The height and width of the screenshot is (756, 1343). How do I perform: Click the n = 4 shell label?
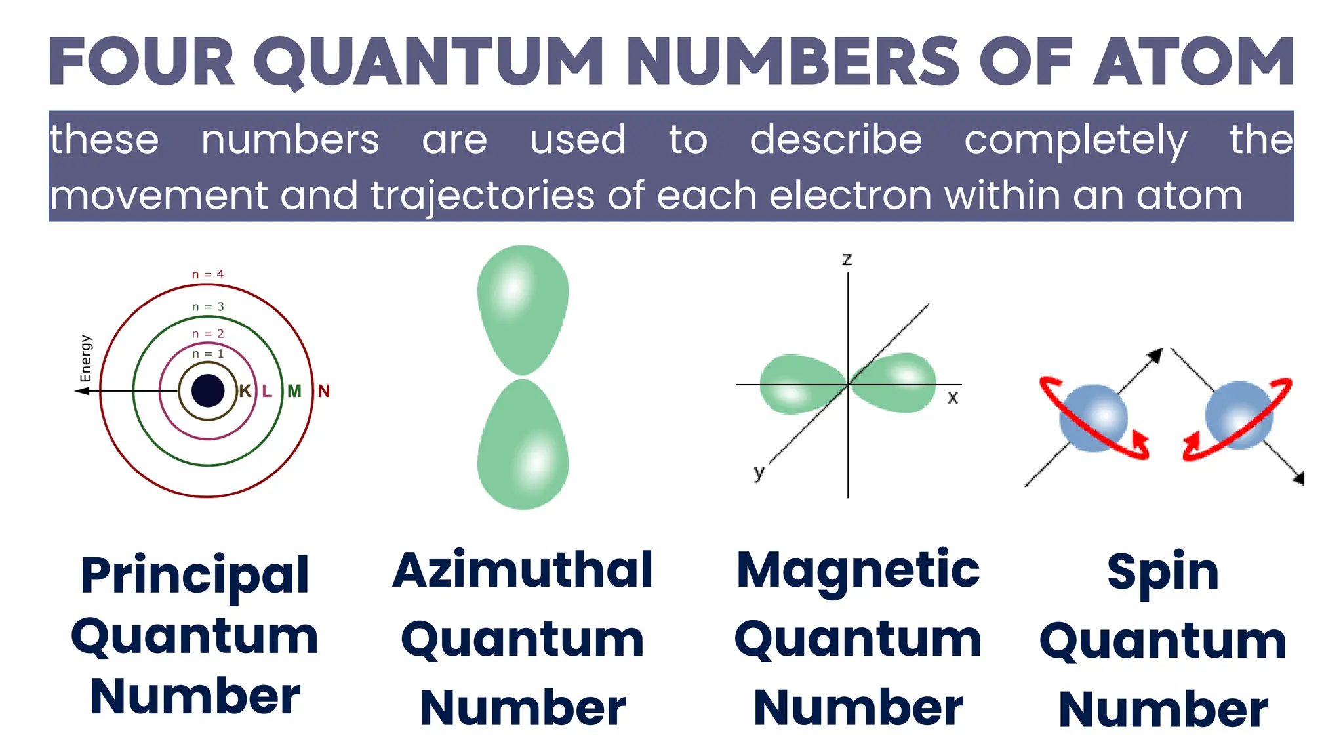coord(208,274)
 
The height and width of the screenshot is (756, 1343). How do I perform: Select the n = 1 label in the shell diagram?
coord(208,354)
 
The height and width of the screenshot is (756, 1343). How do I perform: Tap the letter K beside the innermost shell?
coord(245,391)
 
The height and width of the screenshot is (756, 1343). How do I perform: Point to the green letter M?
coord(294,391)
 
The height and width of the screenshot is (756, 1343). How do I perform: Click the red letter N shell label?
coord(324,391)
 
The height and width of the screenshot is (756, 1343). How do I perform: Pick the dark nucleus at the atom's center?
coord(208,390)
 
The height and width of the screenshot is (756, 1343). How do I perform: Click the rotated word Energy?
coord(86,358)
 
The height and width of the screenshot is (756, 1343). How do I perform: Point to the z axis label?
coord(847,259)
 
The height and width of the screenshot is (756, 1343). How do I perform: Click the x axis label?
coord(953,397)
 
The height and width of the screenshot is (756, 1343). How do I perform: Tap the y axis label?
coord(759,472)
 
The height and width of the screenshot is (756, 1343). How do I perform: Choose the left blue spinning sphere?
coord(1092,418)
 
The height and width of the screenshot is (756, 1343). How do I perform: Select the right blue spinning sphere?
coord(1239,415)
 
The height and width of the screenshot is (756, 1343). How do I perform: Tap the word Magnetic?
coord(858,570)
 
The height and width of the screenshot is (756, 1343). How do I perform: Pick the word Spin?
coord(1163,572)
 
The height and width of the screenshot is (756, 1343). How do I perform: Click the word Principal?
coord(195,576)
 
